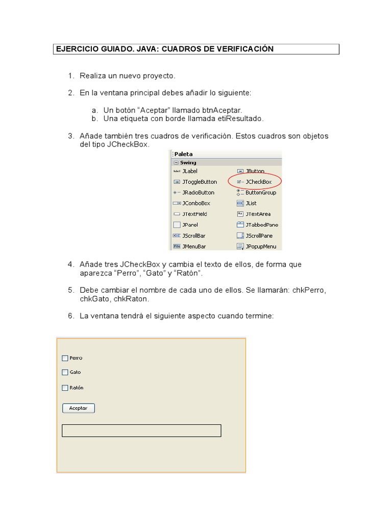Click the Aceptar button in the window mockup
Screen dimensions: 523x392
tap(78, 408)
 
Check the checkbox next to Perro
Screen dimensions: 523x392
tap(65, 358)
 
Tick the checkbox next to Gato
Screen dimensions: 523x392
tap(65, 372)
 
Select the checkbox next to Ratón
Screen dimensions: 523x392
tap(65, 388)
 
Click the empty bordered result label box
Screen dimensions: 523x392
tap(141, 431)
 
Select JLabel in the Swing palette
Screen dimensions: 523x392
tap(189, 171)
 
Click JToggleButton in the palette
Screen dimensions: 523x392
tap(199, 182)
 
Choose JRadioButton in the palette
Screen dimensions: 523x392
tap(198, 193)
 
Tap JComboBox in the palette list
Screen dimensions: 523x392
tap(196, 203)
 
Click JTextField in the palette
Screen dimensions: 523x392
tap(194, 214)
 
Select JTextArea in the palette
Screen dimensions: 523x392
tap(258, 214)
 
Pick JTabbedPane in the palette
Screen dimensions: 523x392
tap(261, 225)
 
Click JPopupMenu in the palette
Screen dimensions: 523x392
tap(260, 246)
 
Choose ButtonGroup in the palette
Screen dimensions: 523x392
tap(260, 193)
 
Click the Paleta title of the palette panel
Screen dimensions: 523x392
tap(184, 154)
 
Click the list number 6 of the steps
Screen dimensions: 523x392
tap(71, 316)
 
